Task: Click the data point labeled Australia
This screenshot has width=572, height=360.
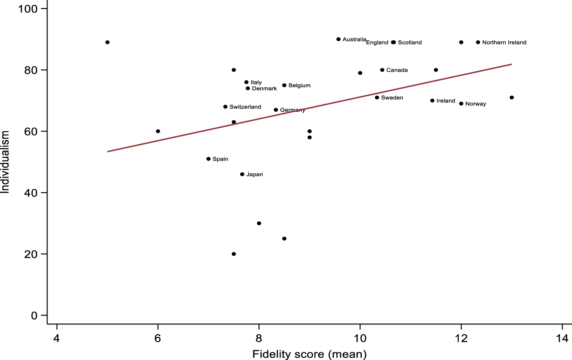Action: pos(338,39)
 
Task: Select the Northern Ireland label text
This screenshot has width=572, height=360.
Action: pos(504,42)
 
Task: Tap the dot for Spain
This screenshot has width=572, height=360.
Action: pos(208,159)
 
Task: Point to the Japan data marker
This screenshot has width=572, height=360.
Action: pos(242,174)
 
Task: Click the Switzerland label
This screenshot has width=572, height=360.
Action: pos(245,107)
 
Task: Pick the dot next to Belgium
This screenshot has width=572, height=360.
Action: pos(284,85)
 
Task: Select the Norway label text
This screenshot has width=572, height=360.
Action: pos(475,104)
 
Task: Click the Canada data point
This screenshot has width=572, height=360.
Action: pos(382,70)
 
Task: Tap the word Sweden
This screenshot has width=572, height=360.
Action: pos(392,98)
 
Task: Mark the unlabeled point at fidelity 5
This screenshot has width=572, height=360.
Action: pos(108,42)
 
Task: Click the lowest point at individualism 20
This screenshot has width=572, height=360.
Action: pos(234,254)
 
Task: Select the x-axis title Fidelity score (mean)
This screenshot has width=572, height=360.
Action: pos(309,354)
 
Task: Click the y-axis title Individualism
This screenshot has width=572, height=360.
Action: pos(5,162)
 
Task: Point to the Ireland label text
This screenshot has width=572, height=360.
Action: pos(445,101)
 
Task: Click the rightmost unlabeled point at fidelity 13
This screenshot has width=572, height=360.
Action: pos(512,97)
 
